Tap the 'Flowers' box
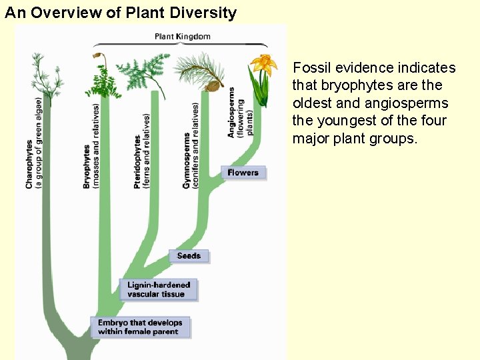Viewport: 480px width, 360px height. coord(243,173)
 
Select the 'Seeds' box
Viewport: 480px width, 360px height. coord(189,256)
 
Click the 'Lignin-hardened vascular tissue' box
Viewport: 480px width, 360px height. coord(159,289)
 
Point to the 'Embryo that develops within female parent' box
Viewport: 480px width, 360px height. coord(139,327)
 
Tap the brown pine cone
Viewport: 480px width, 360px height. coord(213,85)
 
